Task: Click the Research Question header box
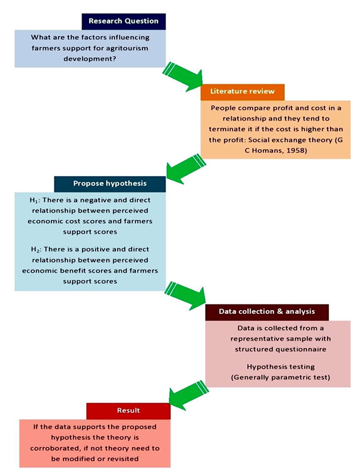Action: pos(124,21)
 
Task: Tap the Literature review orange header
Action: pos(242,92)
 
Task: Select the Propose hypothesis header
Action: pos(110,184)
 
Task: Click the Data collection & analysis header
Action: pos(267,312)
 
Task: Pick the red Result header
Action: pos(128,410)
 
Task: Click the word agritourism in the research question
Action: pos(127,48)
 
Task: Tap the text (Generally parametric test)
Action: pos(280,378)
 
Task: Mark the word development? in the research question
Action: pos(90,58)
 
